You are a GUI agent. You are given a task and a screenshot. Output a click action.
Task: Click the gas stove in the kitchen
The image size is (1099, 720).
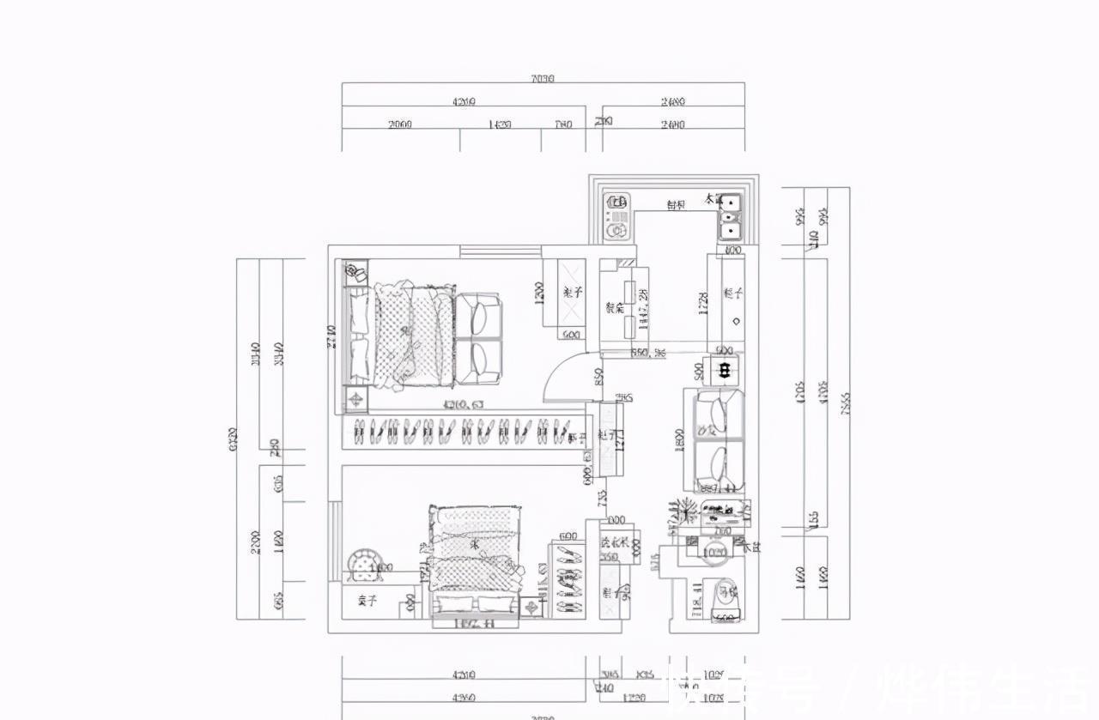click(x=616, y=215)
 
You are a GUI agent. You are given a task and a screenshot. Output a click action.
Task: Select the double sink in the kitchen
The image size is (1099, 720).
click(x=729, y=216)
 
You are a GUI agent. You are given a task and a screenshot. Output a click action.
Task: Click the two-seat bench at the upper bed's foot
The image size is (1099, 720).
click(x=477, y=338)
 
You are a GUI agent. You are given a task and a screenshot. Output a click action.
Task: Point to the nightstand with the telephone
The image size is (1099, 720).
click(x=355, y=274)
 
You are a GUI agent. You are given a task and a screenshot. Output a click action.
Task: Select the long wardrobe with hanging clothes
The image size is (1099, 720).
click(x=464, y=432)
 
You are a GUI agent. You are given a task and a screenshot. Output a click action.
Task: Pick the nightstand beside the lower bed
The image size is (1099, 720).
click(x=533, y=608)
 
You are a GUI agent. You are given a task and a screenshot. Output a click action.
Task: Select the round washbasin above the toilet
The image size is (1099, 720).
click(x=714, y=553)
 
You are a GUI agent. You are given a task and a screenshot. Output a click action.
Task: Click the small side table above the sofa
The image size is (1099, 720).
click(x=725, y=370)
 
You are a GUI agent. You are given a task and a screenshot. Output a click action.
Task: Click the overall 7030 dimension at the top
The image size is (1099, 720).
click(x=543, y=78)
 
